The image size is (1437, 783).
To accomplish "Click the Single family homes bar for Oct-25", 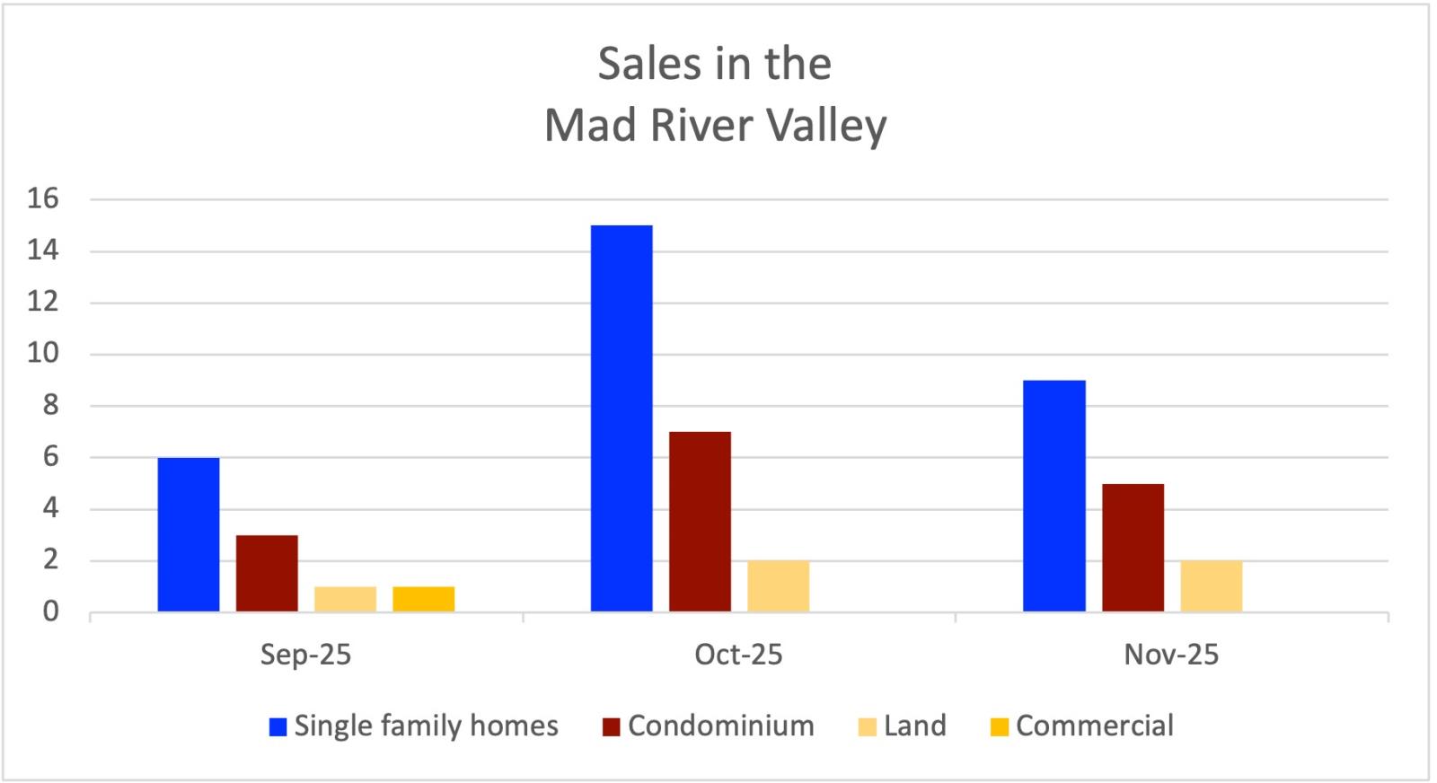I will (622, 418).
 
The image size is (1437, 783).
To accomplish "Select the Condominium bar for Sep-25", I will (267, 574).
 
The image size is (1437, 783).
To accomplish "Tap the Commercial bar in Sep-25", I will (424, 599).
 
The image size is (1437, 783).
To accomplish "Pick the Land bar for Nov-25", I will (1212, 586).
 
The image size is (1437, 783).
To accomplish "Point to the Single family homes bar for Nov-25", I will (1054, 496).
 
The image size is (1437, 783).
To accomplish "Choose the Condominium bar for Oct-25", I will (700, 522).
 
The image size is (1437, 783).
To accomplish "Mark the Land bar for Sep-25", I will (345, 599).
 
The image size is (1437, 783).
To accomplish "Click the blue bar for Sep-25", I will (189, 535).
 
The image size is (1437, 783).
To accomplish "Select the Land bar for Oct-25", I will (778, 586).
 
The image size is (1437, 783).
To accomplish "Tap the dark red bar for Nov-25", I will (1133, 548).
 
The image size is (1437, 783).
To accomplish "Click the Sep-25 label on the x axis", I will (305, 655).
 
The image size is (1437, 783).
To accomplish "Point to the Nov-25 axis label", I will (1171, 655).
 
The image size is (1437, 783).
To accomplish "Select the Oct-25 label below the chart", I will (738, 655).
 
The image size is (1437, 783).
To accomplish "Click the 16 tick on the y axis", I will (43, 198).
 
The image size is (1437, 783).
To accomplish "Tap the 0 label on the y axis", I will (50, 611).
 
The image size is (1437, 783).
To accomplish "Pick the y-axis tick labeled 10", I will (43, 353).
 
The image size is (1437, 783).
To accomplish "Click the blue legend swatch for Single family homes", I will (278, 726).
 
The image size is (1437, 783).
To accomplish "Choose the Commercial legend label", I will (1094, 726).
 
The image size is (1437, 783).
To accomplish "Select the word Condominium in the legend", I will (720, 726).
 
